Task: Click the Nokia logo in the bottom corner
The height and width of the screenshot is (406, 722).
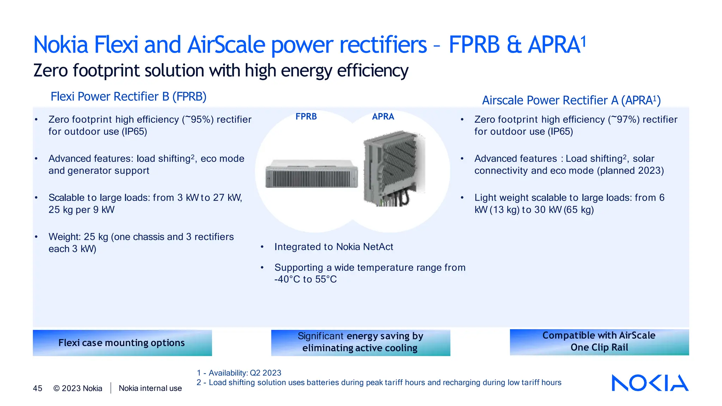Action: coord(650,383)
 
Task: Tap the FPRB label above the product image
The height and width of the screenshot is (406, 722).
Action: coord(306,116)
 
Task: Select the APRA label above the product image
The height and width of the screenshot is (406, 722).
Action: coord(383,116)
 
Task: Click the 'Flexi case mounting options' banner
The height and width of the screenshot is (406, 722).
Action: coord(122,343)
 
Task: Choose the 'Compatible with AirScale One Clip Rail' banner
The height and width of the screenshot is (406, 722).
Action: coord(599,342)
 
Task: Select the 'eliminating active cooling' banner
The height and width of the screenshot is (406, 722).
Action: coord(360,343)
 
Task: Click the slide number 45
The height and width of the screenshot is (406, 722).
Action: coord(37,388)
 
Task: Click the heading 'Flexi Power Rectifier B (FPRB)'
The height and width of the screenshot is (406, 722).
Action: coord(128,97)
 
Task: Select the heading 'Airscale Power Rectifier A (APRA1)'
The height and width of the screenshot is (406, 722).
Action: coord(571,100)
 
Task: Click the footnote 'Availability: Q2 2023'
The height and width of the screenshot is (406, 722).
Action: coord(245,373)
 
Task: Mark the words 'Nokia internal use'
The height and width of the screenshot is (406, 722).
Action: coord(150,388)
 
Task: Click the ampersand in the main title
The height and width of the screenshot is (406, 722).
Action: coord(514,45)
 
